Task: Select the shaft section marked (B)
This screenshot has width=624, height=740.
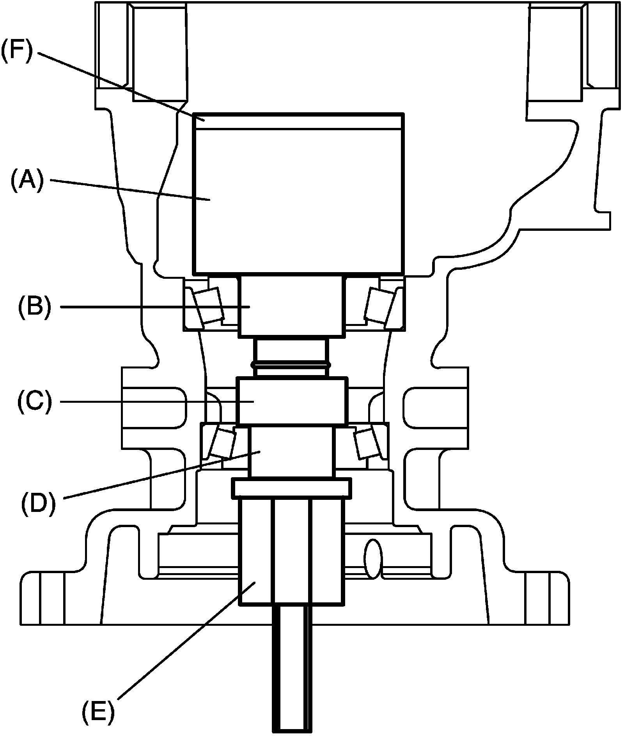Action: coord(291,306)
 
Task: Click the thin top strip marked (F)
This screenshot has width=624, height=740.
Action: coord(298,120)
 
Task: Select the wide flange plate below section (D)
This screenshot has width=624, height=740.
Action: coord(291,488)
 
